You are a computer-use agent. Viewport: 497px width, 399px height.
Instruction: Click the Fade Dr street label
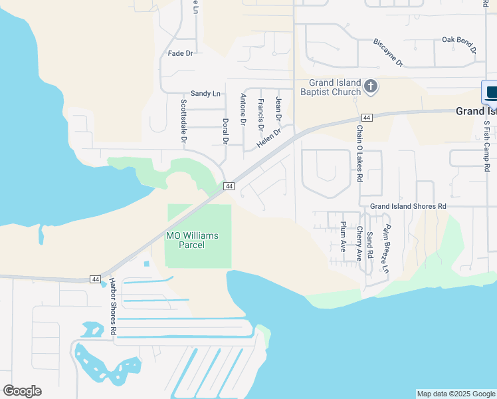[x=180, y=53]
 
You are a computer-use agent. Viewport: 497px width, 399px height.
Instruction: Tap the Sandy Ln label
[x=205, y=94]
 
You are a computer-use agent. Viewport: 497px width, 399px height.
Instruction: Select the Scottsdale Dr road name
[x=184, y=122]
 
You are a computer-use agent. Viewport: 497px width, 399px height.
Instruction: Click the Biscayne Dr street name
[x=388, y=53]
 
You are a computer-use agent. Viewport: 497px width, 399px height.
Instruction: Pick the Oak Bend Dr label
[x=459, y=45]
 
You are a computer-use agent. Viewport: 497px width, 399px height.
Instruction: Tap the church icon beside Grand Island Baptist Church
[x=371, y=86]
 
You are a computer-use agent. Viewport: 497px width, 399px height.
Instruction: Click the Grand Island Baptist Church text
[x=330, y=87]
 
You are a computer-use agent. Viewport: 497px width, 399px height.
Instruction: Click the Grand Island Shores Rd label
[x=408, y=207]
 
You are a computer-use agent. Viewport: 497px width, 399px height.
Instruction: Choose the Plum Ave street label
[x=343, y=236]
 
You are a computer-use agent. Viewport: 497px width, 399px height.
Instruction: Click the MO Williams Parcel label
[x=192, y=240]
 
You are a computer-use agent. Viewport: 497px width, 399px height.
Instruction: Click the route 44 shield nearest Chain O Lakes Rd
[x=367, y=118]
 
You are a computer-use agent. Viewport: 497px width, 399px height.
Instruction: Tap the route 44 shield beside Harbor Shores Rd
[x=96, y=279]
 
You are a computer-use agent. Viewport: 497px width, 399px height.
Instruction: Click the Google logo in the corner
[x=22, y=391]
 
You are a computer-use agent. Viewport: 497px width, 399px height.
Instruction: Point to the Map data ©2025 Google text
[x=456, y=394]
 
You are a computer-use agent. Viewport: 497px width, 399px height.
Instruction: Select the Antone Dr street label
[x=243, y=110]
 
